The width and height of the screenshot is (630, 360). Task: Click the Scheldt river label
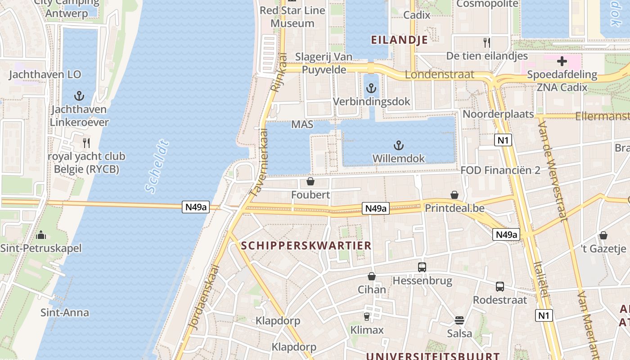pyautogui.click(x=157, y=167)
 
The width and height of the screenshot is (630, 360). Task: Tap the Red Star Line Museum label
pyautogui.click(x=292, y=17)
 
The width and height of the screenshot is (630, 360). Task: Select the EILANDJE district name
pyautogui.click(x=399, y=40)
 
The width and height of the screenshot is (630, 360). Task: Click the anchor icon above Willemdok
pyautogui.click(x=398, y=145)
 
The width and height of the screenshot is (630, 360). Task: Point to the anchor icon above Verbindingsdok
pyautogui.click(x=371, y=88)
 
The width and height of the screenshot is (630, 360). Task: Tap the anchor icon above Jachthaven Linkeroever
pyautogui.click(x=79, y=95)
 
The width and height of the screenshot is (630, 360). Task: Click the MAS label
pyautogui.click(x=302, y=124)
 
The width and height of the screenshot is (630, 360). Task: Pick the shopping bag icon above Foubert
pyautogui.click(x=310, y=181)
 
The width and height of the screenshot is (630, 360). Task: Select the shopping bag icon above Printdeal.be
pyautogui.click(x=454, y=195)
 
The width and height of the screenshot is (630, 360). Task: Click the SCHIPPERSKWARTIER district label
pyautogui.click(x=306, y=245)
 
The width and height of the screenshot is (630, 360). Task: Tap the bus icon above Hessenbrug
pyautogui.click(x=422, y=267)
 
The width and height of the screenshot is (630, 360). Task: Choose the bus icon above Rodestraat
pyautogui.click(x=500, y=287)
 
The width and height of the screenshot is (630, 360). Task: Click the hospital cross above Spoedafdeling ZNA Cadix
pyautogui.click(x=562, y=61)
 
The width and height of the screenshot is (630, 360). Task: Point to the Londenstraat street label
pyautogui.click(x=440, y=74)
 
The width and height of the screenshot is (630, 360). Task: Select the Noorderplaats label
pyautogui.click(x=498, y=114)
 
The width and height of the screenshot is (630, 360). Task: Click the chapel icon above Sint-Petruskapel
pyautogui.click(x=41, y=235)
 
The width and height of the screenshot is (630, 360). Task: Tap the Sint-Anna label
pyautogui.click(x=65, y=312)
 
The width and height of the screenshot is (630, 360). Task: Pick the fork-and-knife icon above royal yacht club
pyautogui.click(x=86, y=143)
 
